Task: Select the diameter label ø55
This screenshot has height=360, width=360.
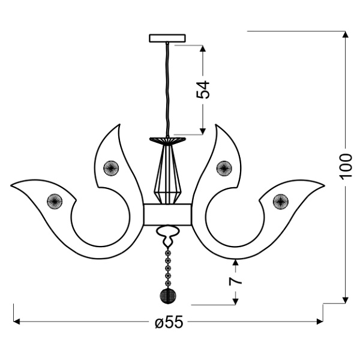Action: coord(168,322)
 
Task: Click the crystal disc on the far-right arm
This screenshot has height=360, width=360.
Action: coord(280,200)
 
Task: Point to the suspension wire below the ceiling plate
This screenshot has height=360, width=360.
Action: coord(166,90)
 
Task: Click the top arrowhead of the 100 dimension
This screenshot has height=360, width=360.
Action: coord(345,35)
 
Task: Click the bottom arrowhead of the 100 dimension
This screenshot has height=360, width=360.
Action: coord(345,299)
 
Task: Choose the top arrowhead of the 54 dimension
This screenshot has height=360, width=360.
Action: coord(204,48)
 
